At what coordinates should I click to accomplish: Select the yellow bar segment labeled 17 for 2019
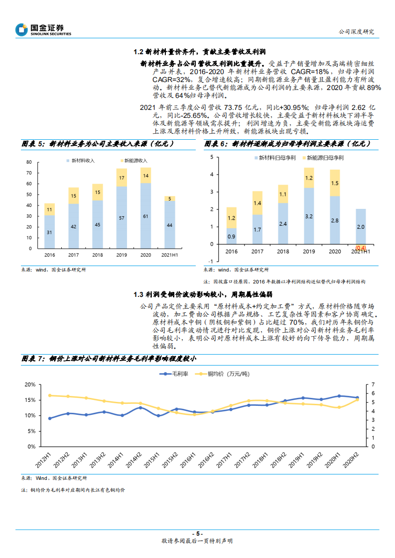click(x=122, y=178)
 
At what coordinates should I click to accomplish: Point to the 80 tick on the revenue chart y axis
click(x=29, y=162)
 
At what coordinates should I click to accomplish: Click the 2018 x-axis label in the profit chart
click(x=283, y=252)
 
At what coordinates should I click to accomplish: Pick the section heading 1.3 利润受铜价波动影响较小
click(x=200, y=295)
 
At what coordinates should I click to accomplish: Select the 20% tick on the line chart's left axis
click(x=29, y=384)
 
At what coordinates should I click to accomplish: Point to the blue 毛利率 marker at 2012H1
click(x=50, y=418)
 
